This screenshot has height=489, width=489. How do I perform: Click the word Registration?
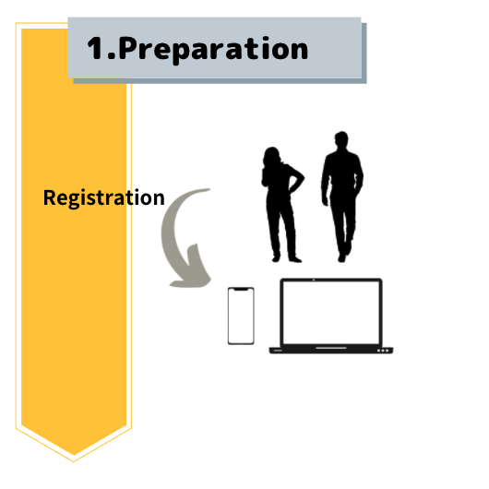104,197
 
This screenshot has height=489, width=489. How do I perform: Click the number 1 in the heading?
95,48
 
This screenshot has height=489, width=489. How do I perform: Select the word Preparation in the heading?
213,49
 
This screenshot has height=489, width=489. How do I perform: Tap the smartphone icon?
241,316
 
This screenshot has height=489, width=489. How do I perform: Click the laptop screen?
331,313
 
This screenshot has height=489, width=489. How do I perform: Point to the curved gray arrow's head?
193,269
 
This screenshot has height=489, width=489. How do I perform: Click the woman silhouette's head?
272,156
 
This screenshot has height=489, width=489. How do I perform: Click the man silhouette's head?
341,140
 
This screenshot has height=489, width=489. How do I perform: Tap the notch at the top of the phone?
241,290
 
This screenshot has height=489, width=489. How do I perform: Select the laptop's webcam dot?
314,280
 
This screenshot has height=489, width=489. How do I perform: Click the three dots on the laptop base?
383,351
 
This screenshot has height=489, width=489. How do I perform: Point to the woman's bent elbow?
302,178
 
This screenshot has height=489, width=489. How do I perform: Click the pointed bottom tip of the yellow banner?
73,461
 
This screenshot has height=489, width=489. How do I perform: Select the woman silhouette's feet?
286,259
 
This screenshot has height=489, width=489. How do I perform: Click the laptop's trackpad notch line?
331,348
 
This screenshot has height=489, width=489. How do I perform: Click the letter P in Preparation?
128,48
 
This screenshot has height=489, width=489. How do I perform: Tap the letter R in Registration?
49,197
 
